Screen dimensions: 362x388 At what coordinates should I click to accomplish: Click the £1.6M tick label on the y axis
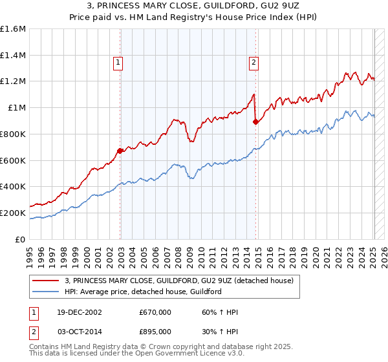(13, 29)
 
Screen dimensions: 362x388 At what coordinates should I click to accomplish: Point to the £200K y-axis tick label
(13, 213)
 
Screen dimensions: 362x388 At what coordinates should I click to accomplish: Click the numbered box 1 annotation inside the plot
(119, 63)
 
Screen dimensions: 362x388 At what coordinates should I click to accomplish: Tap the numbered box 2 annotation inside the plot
(253, 63)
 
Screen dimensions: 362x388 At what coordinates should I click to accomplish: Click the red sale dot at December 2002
(120, 151)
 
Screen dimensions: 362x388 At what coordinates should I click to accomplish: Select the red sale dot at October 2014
(255, 122)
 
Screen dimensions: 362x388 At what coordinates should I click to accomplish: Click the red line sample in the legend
(46, 281)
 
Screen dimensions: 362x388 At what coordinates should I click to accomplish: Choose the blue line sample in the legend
(46, 292)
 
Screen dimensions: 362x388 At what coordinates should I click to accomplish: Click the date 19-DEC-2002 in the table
(80, 313)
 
